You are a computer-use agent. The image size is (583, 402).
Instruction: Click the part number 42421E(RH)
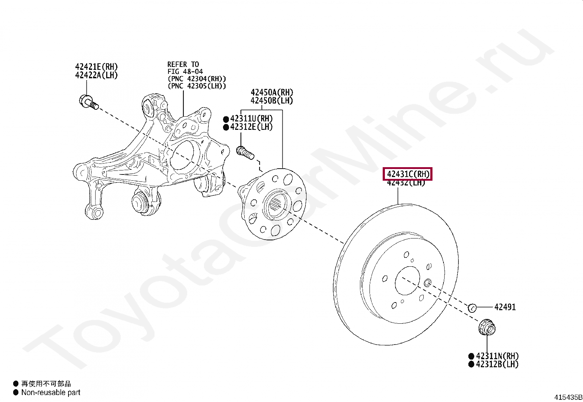coord(96,67)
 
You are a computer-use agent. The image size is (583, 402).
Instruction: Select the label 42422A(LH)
coord(96,75)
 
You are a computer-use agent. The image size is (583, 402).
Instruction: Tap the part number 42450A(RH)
coord(272,93)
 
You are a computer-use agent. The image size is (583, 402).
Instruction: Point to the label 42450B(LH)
coord(272,101)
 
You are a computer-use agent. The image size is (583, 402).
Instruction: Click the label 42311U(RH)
coord(251,119)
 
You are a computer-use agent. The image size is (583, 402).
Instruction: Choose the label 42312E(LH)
coord(251,127)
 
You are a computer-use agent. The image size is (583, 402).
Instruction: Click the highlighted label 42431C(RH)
coord(408,174)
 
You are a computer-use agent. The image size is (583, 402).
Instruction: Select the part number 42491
coord(505,307)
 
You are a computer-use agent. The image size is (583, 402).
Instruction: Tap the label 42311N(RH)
coord(497,356)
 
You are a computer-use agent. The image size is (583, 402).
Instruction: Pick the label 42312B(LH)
coord(497,364)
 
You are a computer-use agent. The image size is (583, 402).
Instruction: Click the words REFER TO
coord(183,64)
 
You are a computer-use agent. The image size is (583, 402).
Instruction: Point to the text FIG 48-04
coord(185,72)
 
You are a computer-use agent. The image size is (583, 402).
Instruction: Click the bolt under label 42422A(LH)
coord(88,101)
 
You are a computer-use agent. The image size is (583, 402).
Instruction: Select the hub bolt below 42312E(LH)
coord(245,153)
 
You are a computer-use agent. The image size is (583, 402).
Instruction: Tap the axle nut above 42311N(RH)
coord(487,327)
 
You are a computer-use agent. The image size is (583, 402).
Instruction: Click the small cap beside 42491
coord(472,308)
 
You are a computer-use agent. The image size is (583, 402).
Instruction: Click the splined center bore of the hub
coord(277,207)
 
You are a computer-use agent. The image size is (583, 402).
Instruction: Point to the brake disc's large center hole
coord(407,281)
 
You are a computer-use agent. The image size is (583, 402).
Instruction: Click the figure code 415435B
coord(568,397)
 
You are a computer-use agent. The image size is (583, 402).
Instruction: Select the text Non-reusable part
coord(51,392)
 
